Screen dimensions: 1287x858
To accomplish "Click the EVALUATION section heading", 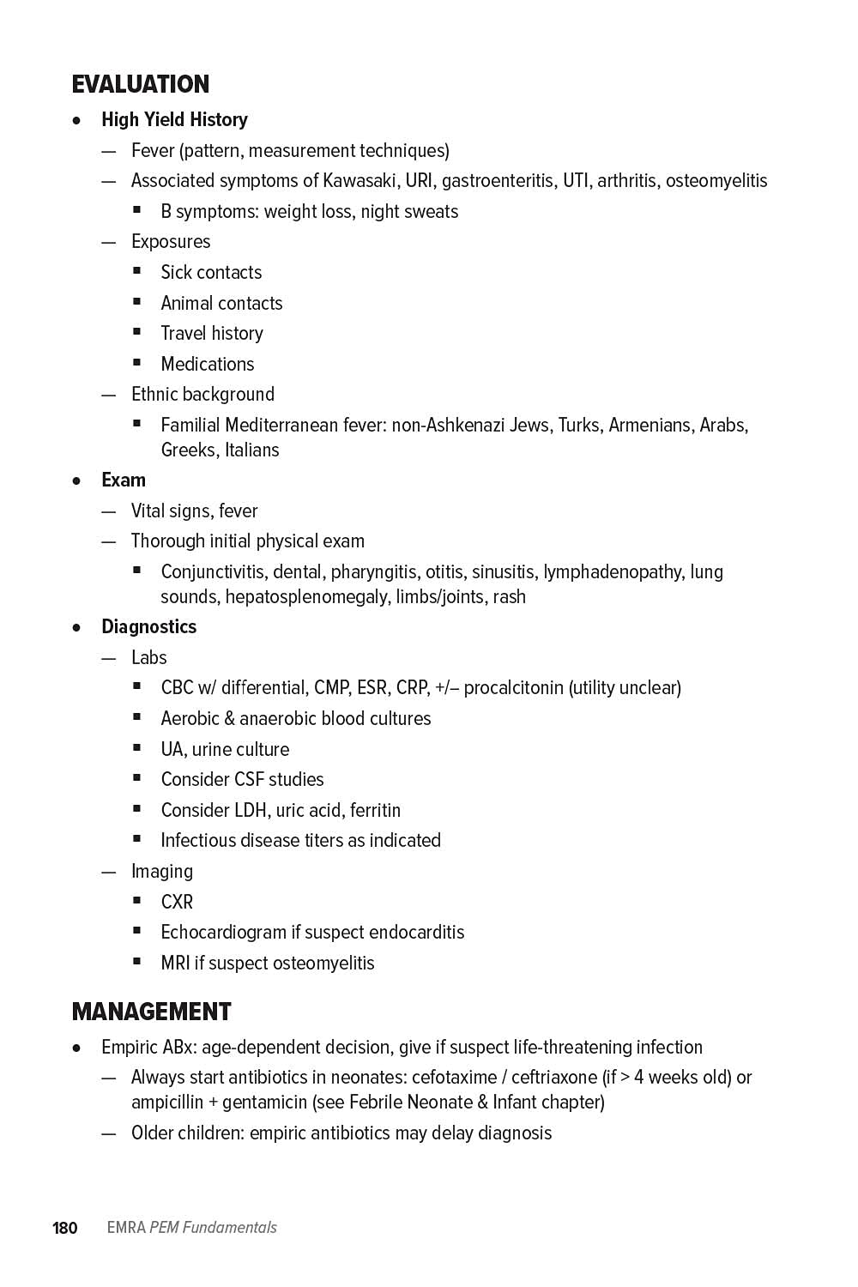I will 141,84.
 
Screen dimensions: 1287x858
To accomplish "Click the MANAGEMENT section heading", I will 152,1012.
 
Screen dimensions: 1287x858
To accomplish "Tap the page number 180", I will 65,1228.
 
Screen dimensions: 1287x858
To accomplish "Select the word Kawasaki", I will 360,181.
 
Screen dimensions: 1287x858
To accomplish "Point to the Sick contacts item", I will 211,273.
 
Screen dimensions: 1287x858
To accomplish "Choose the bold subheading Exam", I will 124,480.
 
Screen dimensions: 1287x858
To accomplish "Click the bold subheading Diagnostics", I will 148,627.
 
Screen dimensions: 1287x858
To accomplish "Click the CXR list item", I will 177,903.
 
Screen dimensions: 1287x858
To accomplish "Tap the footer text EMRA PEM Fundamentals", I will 191,1228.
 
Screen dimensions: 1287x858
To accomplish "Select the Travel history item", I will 212,334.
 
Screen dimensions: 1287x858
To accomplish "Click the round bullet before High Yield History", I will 77,121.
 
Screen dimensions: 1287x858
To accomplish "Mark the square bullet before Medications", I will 137,363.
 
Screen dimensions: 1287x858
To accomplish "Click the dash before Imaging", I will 108,872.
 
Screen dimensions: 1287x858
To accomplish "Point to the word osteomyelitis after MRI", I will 320,964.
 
